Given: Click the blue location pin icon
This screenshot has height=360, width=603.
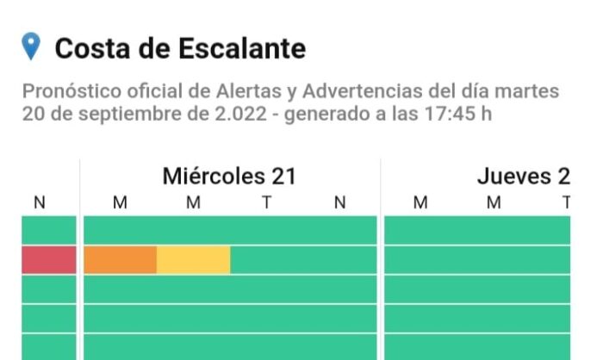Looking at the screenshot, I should point(31,47).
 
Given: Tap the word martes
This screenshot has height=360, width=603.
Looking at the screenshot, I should point(530,91).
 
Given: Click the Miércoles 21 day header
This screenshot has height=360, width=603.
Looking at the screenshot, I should point(229,177).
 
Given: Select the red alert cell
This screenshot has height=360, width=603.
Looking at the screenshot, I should point(49,259).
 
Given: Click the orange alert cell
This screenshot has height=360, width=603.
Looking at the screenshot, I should point(120,259).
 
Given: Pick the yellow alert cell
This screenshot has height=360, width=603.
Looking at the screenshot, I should point(194,259).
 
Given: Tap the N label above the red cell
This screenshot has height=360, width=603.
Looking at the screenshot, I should point(39,203).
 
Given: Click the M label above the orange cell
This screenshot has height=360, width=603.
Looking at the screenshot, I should point(120,203).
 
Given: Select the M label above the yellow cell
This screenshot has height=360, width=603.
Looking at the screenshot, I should point(194,203).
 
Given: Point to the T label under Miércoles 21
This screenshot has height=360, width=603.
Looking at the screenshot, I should point(267,203).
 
